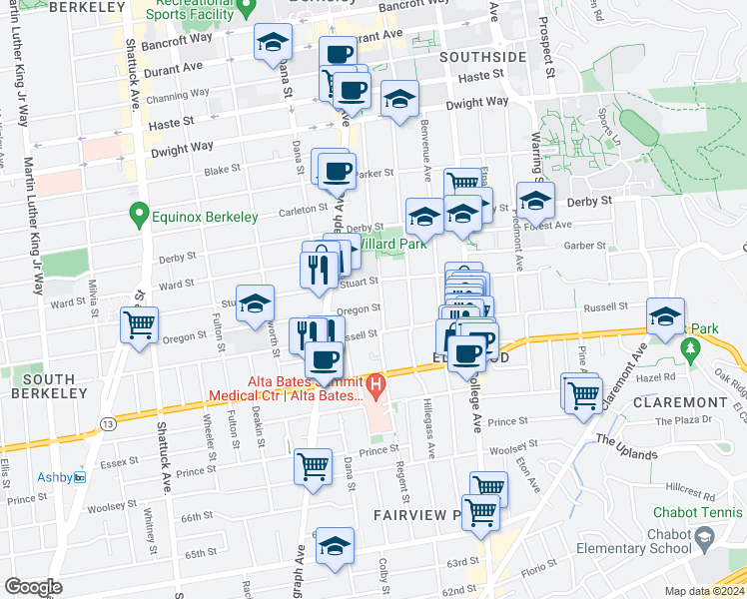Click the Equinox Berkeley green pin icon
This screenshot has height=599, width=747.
139,215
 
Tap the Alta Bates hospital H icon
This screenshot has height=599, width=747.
375,383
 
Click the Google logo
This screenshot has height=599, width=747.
33,587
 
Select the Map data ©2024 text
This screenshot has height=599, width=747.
705,590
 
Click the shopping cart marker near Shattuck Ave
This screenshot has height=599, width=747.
139,323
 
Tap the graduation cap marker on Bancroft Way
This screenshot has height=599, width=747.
271,43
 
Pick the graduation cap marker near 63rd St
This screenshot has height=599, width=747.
336,547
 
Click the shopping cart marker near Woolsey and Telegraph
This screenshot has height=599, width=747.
314,466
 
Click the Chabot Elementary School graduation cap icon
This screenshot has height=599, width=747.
705,539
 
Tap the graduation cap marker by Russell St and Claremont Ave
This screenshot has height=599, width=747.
665,317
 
